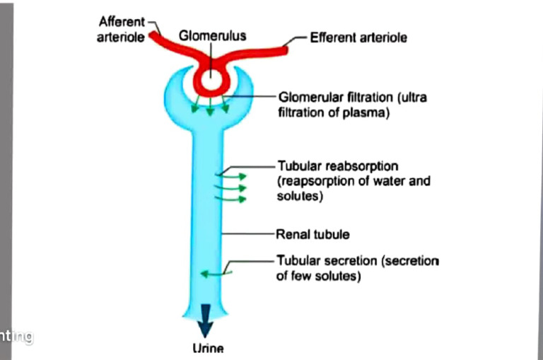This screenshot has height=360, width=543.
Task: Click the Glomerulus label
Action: (212, 35)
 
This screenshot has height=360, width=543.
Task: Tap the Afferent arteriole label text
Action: (121, 30)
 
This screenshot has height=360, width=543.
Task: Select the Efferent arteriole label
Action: (358, 37)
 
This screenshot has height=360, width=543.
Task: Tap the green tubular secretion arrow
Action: (208, 272)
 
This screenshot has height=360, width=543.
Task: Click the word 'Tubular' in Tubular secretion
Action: (298, 261)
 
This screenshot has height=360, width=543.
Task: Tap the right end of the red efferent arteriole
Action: (286, 47)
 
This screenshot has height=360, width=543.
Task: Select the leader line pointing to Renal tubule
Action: (249, 233)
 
